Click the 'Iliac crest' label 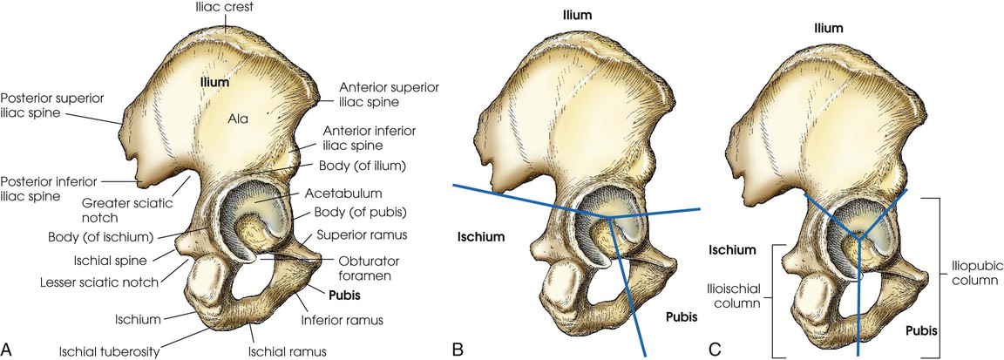point(225,8)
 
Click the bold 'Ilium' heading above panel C point(828,28)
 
